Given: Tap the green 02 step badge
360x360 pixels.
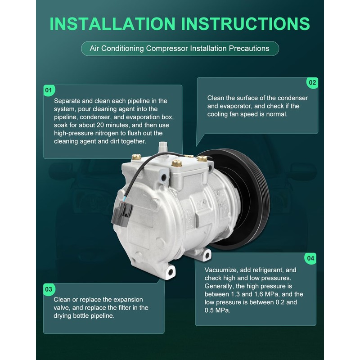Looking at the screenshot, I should tap(312, 83).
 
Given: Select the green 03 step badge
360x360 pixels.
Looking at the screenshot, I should tap(49, 288).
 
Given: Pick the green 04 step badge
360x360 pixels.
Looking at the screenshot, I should tap(310, 258).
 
